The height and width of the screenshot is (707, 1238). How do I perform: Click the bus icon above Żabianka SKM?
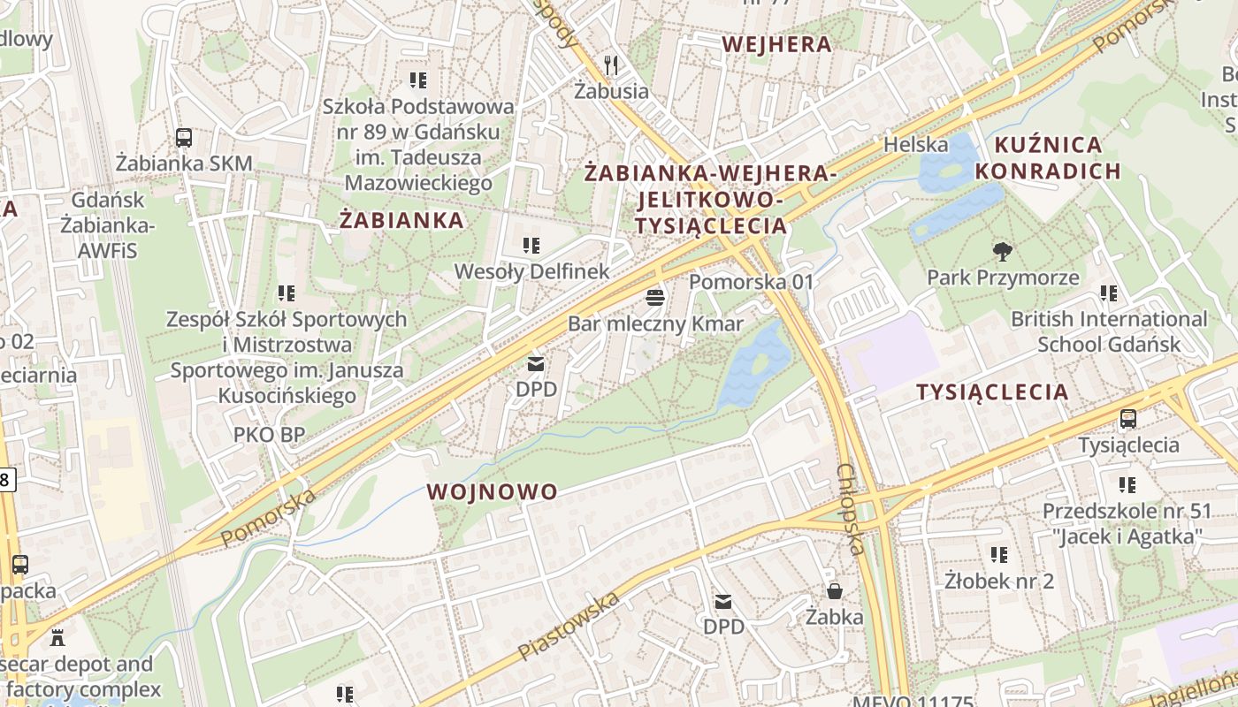pyautogui.click(x=184, y=138)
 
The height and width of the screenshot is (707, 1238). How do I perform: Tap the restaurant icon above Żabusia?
pyautogui.click(x=611, y=65)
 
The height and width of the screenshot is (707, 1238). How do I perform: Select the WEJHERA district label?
pyautogui.click(x=776, y=44)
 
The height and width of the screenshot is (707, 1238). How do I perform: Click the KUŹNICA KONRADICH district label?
pyautogui.click(x=1048, y=157)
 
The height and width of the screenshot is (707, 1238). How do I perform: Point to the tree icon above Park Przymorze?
pyautogui.click(x=1002, y=252)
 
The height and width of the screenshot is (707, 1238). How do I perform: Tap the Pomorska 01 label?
pyautogui.click(x=750, y=282)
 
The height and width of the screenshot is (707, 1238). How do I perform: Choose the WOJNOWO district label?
pyautogui.click(x=493, y=491)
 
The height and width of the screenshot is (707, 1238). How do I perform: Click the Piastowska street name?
pyautogui.click(x=569, y=627)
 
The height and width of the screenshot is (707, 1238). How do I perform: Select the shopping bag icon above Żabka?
pyautogui.click(x=834, y=590)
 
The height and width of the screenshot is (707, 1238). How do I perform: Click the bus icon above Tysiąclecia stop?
pyautogui.click(x=1127, y=419)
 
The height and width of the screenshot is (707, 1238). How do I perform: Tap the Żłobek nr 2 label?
pyautogui.click(x=998, y=581)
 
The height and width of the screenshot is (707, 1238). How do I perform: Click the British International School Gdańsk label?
pyautogui.click(x=1108, y=331)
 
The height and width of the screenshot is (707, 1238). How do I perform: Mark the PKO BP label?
pyautogui.click(x=269, y=434)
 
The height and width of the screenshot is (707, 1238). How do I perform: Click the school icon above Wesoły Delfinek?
pyautogui.click(x=531, y=245)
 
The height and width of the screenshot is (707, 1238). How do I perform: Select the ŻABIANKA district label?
pyautogui.click(x=401, y=220)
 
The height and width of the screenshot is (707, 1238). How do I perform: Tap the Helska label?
pyautogui.click(x=915, y=144)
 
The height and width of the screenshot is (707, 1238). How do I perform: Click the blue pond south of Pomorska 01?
pyautogui.click(x=753, y=364)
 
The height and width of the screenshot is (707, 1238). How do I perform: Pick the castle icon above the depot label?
pyautogui.click(x=58, y=636)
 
